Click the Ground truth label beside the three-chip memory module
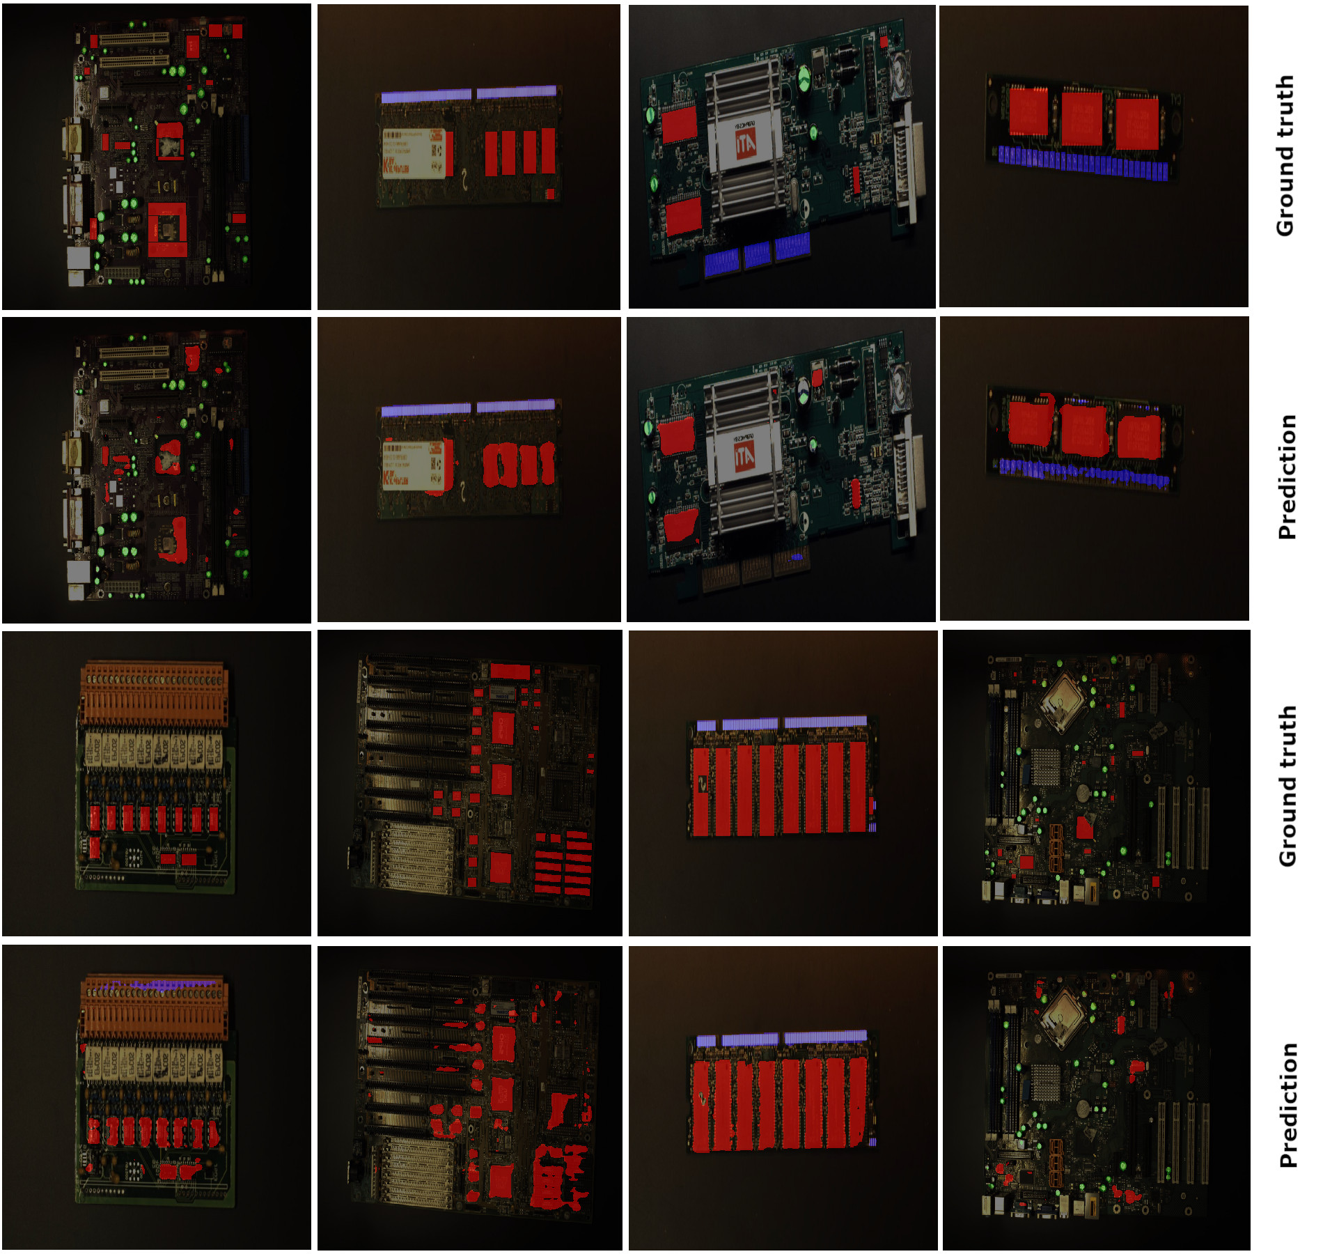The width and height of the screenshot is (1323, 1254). click(x=1285, y=156)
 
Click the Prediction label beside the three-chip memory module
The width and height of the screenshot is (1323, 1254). click(x=1287, y=477)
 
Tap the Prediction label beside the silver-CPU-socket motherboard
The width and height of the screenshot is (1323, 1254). click(x=1288, y=1105)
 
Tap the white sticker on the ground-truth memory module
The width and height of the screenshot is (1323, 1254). click(x=414, y=153)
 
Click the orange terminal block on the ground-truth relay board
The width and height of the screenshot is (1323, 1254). click(x=154, y=694)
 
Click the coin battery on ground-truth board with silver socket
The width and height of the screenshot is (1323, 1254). click(x=1083, y=791)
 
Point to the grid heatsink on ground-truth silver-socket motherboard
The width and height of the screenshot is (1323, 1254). click(x=1046, y=768)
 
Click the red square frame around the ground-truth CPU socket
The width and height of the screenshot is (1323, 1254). click(x=167, y=230)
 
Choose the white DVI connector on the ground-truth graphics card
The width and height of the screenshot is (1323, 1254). click(x=908, y=170)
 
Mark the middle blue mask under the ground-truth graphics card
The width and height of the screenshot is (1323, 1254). click(x=757, y=254)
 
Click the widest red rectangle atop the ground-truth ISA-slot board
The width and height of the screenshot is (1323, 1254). click(x=510, y=672)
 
